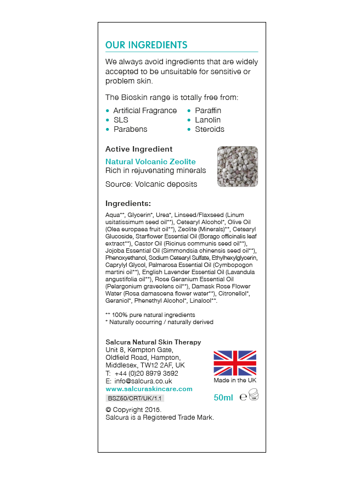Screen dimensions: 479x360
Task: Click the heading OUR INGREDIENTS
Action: pyautogui.click(x=146, y=45)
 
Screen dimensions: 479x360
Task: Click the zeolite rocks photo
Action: pyautogui.click(x=238, y=166)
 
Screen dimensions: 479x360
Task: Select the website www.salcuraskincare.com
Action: pyautogui.click(x=149, y=389)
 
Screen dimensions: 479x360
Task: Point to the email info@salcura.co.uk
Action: pyautogui.click(x=143, y=381)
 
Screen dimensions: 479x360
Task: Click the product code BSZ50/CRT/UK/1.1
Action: pyautogui.click(x=134, y=398)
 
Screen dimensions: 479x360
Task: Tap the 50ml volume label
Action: pyautogui.click(x=223, y=397)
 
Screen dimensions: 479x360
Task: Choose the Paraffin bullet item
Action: pyautogui.click(x=208, y=110)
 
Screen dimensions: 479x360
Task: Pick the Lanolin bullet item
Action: pyautogui.click(x=207, y=120)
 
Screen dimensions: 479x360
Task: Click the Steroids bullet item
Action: pyautogui.click(x=210, y=129)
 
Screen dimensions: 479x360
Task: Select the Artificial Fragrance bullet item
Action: pyautogui.click(x=145, y=110)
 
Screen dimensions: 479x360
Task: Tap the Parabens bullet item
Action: pyautogui.click(x=130, y=129)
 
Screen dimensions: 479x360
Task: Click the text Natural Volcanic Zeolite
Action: pyautogui.click(x=150, y=161)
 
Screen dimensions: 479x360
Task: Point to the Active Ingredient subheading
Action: pyautogui.click(x=139, y=149)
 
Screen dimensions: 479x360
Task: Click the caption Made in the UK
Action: pyautogui.click(x=235, y=380)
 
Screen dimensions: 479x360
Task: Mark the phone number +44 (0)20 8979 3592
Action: pyautogui.click(x=146, y=373)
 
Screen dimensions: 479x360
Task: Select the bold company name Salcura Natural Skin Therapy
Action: pyautogui.click(x=153, y=342)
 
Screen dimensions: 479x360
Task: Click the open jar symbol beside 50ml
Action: pyautogui.click(x=253, y=396)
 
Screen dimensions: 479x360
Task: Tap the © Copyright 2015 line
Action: pyautogui.click(x=133, y=410)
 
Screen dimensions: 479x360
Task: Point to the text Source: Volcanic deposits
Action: pyautogui.click(x=151, y=184)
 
